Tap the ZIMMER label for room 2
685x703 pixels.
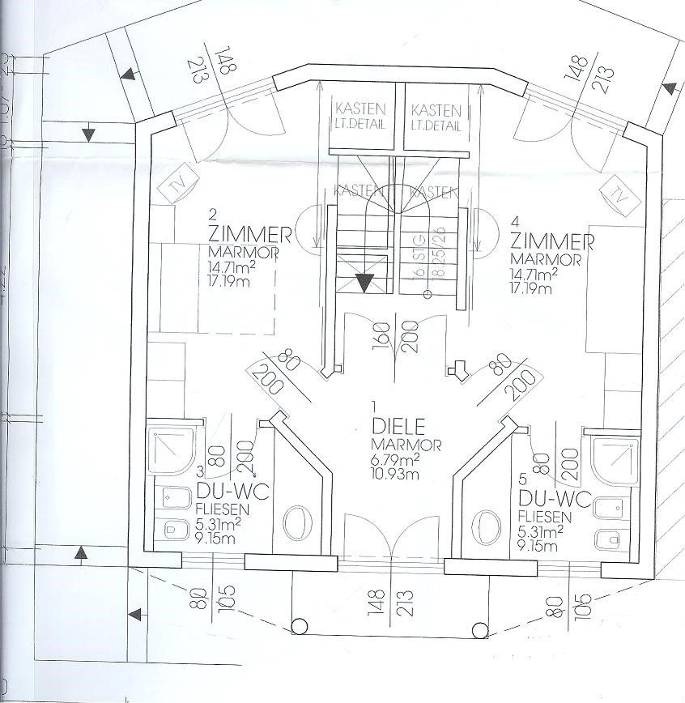coord(249,236)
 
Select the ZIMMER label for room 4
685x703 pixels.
coord(553,241)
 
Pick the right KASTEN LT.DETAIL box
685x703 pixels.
coord(436,117)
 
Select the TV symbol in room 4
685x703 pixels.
coord(618,194)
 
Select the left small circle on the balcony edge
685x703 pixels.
coord(299,624)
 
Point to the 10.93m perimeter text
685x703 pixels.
coord(397,471)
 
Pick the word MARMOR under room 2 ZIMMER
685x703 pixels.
coord(244,253)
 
